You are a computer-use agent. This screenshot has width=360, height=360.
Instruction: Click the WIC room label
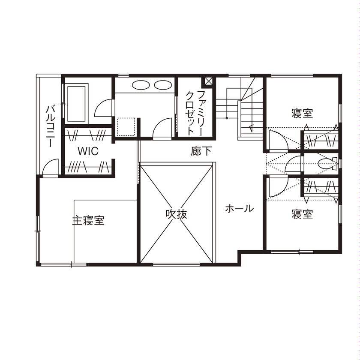point(88,151)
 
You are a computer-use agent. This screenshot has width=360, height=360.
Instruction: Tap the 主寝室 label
point(88,221)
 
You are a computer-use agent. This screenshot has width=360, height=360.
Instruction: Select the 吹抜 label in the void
point(177,214)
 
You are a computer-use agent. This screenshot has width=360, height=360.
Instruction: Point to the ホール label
point(239,209)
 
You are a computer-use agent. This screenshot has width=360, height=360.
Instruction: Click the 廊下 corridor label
point(201,151)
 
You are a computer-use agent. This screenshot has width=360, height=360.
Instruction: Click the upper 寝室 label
point(302,114)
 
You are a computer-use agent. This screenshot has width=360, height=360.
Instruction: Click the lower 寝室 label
point(302,214)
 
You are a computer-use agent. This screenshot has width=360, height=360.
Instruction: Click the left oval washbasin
point(140,85)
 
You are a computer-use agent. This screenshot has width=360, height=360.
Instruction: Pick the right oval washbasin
point(162,85)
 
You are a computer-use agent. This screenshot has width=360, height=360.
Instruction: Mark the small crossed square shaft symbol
point(209,81)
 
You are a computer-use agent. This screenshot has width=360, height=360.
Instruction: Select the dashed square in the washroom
point(126,126)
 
